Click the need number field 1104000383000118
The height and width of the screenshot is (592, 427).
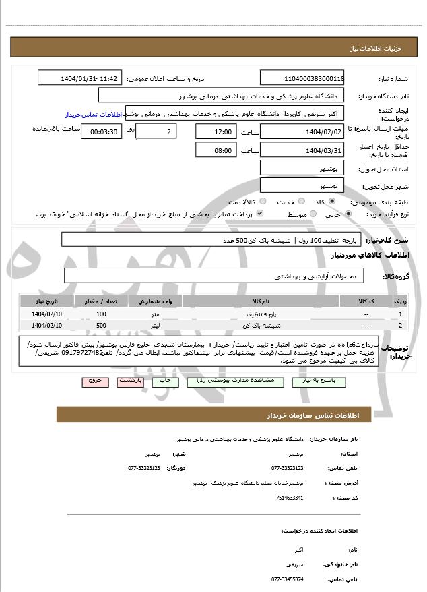pyautogui.click(x=302, y=78)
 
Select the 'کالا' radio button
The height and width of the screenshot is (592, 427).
pyautogui.click(x=332, y=202)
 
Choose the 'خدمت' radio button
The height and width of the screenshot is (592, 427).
pyautogui.click(x=300, y=202)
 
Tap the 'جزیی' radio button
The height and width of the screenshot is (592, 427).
pyautogui.click(x=348, y=214)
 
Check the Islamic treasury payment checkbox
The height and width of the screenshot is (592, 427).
pyautogui.click(x=260, y=214)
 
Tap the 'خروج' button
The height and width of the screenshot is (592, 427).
pyautogui.click(x=95, y=381)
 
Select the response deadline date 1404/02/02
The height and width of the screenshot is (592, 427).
pyautogui.click(x=302, y=131)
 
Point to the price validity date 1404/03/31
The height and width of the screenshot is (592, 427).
pyautogui.click(x=302, y=150)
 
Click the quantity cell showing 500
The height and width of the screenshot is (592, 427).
pyautogui.click(x=101, y=326)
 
